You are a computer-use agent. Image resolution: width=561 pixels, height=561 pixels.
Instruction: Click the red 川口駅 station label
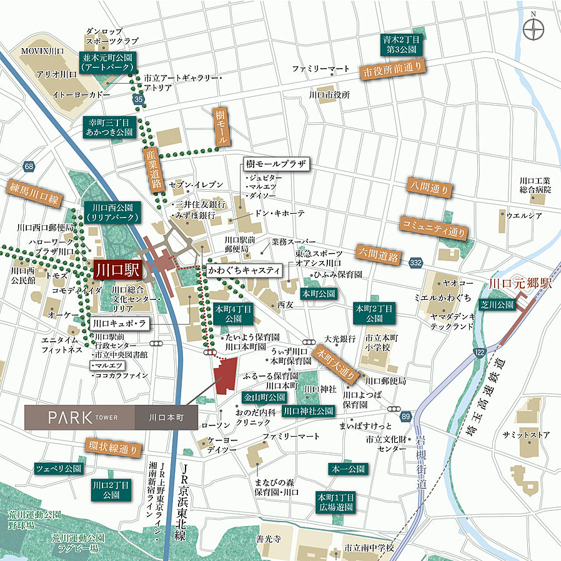119,271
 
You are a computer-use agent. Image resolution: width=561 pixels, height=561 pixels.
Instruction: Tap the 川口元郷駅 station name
520,283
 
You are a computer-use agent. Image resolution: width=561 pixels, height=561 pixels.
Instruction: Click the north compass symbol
535,28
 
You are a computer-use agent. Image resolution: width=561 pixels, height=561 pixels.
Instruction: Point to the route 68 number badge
29,166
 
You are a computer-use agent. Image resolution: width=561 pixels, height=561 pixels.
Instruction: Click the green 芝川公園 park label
497,305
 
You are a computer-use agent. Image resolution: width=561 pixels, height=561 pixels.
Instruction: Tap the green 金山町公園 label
264,397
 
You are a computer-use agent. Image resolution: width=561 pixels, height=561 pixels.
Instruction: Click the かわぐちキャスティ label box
244,271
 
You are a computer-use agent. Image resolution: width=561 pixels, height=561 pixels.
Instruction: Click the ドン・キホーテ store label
279,214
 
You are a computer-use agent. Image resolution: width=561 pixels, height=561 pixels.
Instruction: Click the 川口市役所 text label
329,95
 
